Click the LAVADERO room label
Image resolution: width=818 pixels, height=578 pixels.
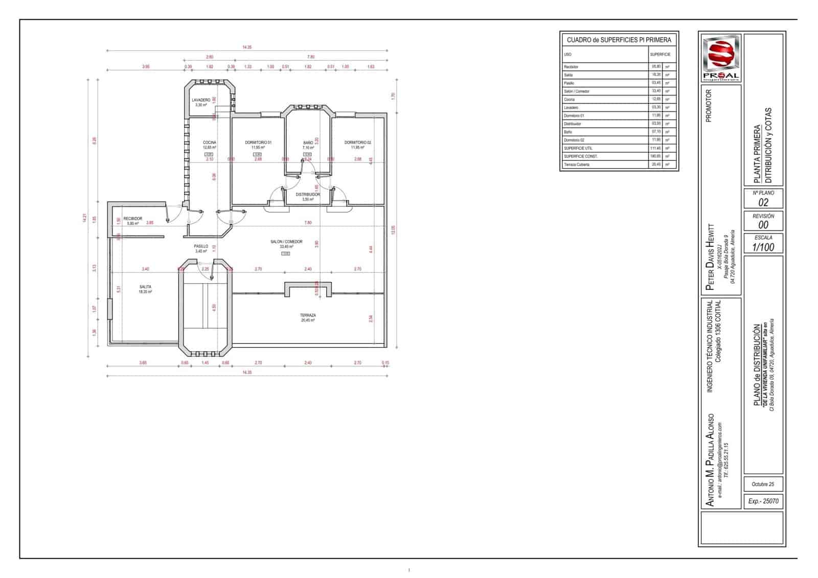point(201,100)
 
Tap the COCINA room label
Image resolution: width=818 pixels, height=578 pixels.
point(209,143)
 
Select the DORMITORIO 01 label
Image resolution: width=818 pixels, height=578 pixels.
point(258,143)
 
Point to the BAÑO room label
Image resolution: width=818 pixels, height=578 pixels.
point(308,143)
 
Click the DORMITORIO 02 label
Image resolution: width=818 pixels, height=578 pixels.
point(357,143)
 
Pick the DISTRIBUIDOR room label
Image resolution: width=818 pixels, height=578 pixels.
point(308,195)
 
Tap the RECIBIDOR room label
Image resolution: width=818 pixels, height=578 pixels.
point(133,219)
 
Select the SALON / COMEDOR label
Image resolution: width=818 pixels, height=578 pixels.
point(286,242)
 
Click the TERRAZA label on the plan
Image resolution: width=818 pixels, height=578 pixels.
point(308,315)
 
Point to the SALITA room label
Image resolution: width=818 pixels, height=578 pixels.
point(145,287)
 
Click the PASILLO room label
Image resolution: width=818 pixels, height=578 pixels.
point(201,246)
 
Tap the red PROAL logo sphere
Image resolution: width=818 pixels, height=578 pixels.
point(720,54)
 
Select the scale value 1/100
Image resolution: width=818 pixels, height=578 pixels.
point(763,247)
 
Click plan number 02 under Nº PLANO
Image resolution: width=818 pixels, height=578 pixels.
point(763,202)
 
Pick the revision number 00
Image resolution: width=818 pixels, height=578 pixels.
point(763,225)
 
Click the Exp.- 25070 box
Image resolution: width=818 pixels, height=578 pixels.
point(763,501)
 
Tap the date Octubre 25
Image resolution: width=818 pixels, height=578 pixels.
point(763,484)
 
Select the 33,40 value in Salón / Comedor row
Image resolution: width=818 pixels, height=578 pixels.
point(656,91)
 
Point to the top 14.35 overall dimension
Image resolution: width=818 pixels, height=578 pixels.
point(247,47)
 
